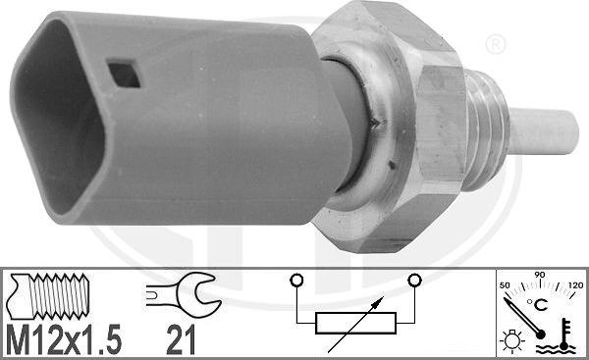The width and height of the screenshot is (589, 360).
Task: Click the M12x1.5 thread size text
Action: pyautogui.click(x=66, y=339)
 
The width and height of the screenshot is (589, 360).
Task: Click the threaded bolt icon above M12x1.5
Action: pyautogui.click(x=54, y=295)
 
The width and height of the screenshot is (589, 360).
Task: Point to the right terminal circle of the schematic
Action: pyautogui.click(x=414, y=283)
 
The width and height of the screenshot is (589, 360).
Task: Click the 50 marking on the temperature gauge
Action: pyautogui.click(x=506, y=283)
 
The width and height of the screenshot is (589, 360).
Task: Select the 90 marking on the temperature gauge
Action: pyautogui.click(x=538, y=277)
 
